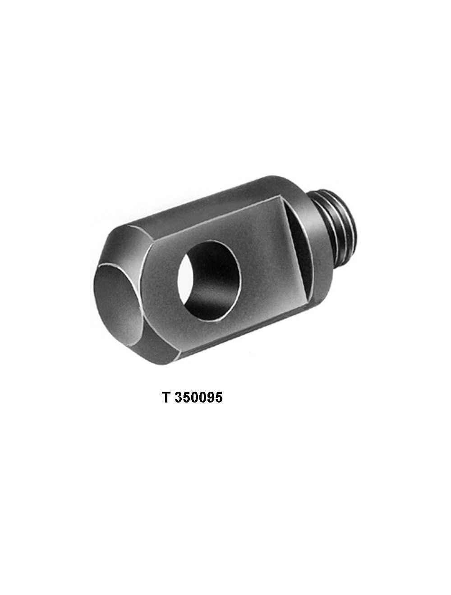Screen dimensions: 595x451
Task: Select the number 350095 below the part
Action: pyautogui.click(x=199, y=398)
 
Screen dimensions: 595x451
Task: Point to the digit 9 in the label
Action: pyautogui.click(x=210, y=398)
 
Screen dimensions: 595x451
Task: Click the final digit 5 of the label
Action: pyautogui.click(x=219, y=398)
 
